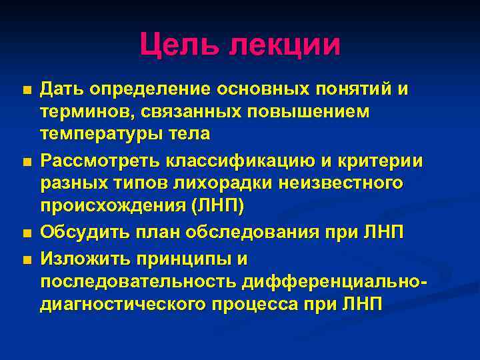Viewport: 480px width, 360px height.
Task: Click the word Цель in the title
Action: pos(179,45)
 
